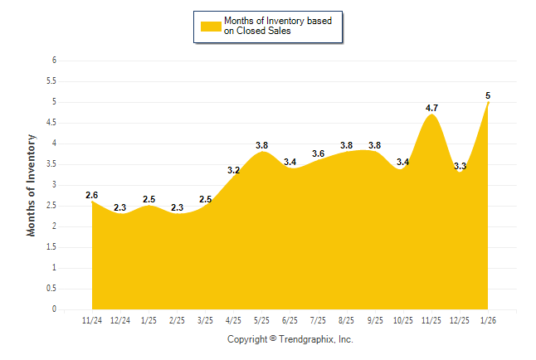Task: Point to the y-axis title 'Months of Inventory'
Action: click(x=32, y=185)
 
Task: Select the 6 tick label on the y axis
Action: click(x=54, y=61)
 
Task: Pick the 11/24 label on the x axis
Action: click(x=91, y=319)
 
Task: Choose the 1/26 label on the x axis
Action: click(x=489, y=319)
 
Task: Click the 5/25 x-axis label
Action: click(x=261, y=319)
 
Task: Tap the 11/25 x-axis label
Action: click(x=431, y=319)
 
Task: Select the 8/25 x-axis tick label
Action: click(x=347, y=319)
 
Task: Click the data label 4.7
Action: click(x=431, y=108)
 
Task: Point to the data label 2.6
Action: click(x=91, y=195)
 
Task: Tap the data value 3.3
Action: click(x=460, y=166)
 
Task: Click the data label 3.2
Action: click(x=233, y=170)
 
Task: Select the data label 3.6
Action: click(x=318, y=153)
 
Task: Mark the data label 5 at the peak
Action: click(x=488, y=95)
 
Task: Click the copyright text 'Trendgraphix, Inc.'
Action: click(x=317, y=340)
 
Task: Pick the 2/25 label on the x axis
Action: click(x=177, y=319)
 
